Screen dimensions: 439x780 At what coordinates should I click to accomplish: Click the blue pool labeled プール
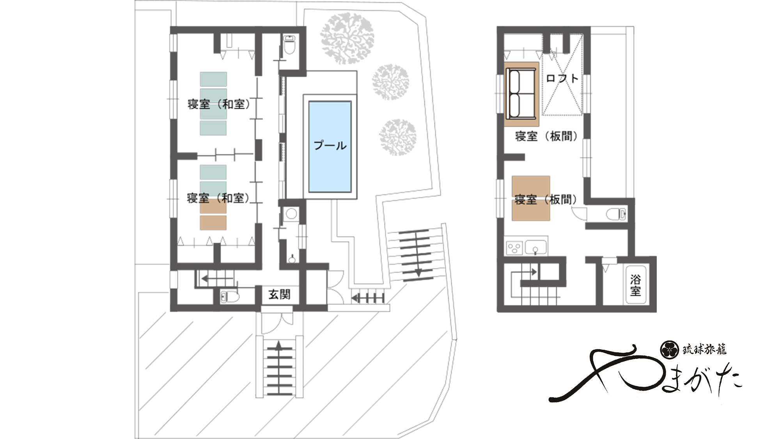[330, 147]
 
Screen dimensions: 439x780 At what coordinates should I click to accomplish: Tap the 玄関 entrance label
[279, 294]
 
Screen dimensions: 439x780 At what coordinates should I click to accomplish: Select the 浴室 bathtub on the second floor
[635, 285]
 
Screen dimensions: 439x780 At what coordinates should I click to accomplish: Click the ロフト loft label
[562, 78]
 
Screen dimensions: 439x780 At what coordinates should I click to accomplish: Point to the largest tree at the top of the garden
[347, 38]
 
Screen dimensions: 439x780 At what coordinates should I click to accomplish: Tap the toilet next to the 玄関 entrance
[230, 297]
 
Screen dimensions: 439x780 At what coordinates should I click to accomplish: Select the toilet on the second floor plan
[617, 214]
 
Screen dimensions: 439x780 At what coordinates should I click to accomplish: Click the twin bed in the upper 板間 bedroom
[521, 94]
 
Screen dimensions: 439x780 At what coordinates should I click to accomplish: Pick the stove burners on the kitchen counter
[514, 247]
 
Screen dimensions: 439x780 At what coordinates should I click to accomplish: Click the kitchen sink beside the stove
[535, 247]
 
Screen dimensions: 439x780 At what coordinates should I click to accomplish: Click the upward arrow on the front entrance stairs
[279, 345]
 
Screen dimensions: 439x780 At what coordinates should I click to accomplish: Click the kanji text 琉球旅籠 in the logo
[704, 349]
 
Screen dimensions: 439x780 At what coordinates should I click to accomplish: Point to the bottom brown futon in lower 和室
[213, 222]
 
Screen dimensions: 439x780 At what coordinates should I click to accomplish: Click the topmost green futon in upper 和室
[213, 79]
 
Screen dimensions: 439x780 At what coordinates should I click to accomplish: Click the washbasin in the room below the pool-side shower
[292, 258]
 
